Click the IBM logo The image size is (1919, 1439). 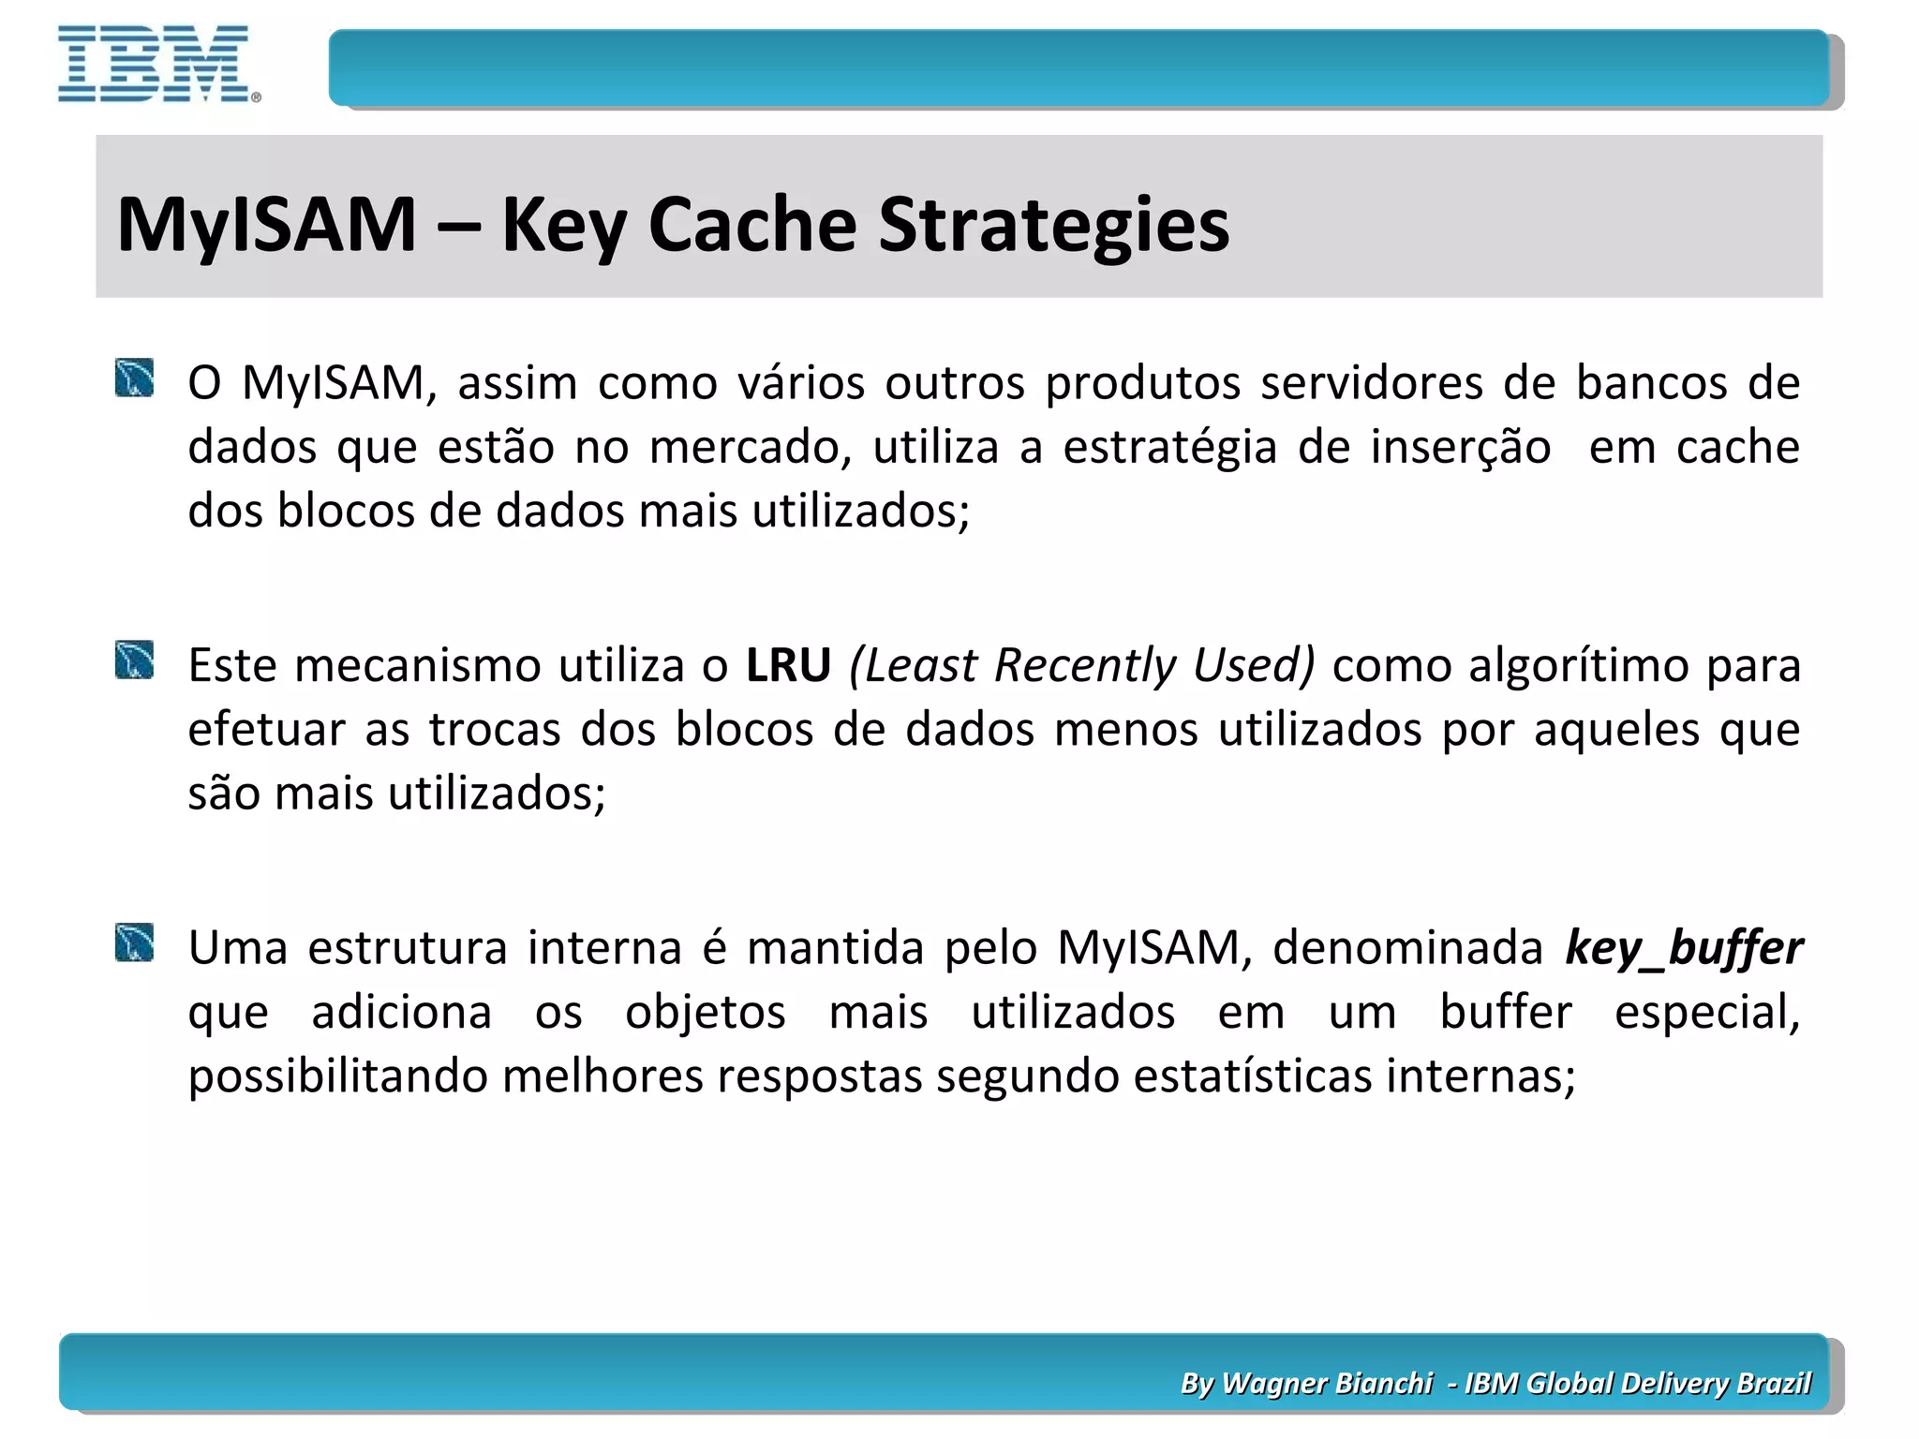[155, 65]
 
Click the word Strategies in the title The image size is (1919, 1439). [1053, 226]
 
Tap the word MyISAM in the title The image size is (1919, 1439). [267, 226]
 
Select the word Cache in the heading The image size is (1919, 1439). [751, 226]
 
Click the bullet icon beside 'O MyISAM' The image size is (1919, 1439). [135, 378]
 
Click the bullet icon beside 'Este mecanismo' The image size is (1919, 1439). [135, 660]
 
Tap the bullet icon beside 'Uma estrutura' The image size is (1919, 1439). [135, 943]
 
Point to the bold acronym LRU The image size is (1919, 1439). [788, 666]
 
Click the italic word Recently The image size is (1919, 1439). [1084, 666]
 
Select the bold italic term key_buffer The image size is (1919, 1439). [1683, 948]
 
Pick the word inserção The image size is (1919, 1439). [1460, 447]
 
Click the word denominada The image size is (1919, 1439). [1406, 948]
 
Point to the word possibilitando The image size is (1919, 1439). [336, 1076]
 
